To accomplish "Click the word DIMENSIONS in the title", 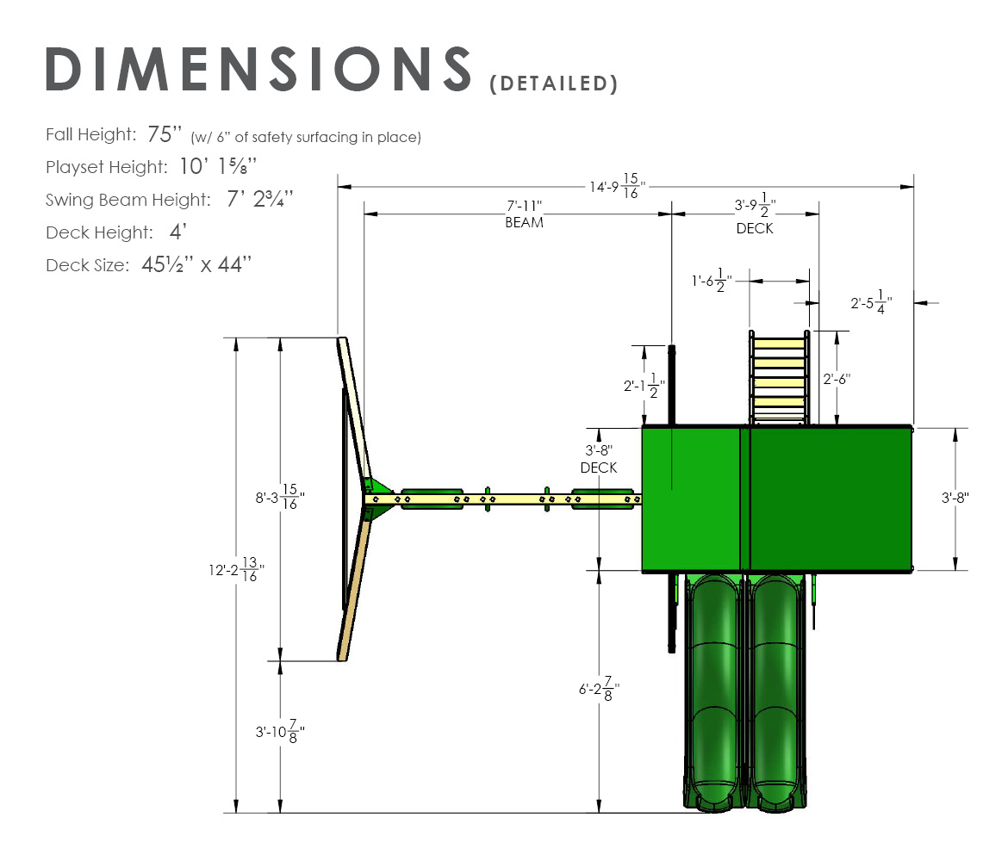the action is [258, 69].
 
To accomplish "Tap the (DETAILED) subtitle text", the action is [553, 84].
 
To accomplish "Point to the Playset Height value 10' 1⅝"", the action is [218, 166].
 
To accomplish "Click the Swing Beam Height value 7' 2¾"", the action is [259, 199].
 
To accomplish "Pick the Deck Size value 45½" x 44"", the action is [196, 264].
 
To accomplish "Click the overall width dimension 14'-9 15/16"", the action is [618, 186].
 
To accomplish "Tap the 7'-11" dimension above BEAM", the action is [524, 206].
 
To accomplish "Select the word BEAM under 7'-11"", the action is [524, 222].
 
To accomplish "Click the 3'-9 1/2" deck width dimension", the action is [756, 206].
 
